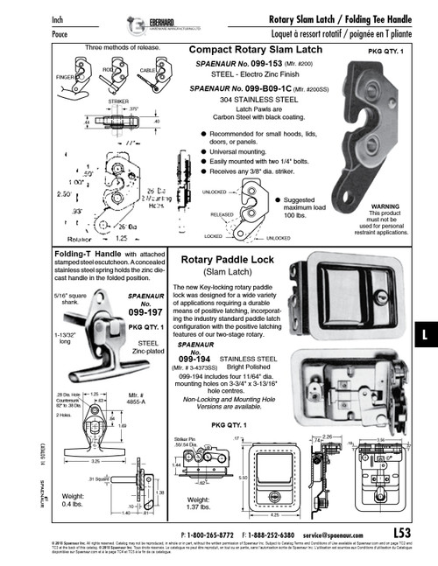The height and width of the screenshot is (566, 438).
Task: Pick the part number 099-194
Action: point(194,359)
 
